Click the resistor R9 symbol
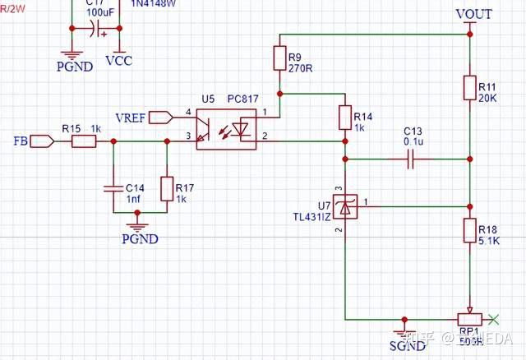coord(279,58)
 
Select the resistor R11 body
coord(469,88)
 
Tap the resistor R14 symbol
coord(344,119)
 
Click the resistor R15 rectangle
coord(84,141)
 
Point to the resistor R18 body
coord(469,231)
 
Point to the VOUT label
coord(473,14)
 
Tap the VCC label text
coord(119,61)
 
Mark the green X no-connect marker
coord(493,318)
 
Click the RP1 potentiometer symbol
coord(469,319)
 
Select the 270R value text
coord(300,67)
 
